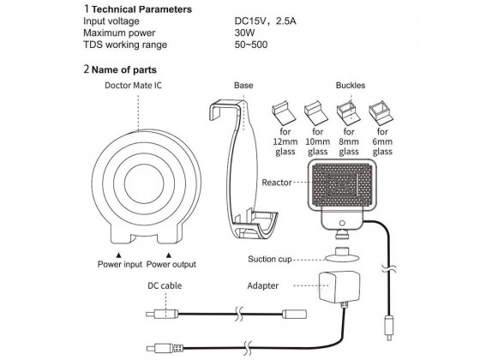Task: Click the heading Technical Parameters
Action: coord(141,9)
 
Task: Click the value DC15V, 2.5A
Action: coord(265,21)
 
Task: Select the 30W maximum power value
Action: coord(244,33)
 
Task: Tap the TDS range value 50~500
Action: coord(250,45)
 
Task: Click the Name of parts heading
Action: coord(124,69)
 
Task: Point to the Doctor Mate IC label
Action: coord(133,86)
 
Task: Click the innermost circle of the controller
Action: coord(144,183)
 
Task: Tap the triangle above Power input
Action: coord(119,255)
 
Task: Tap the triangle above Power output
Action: coord(169,255)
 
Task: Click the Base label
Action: coord(243,86)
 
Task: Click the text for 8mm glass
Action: coord(349,141)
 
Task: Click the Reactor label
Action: coord(277,183)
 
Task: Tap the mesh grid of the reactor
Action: coord(343,185)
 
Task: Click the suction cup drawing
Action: coord(342,255)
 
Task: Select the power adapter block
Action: coord(339,287)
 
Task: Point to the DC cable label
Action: coord(165,286)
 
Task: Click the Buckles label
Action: coord(351,86)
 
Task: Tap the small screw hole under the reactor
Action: coord(342,223)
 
